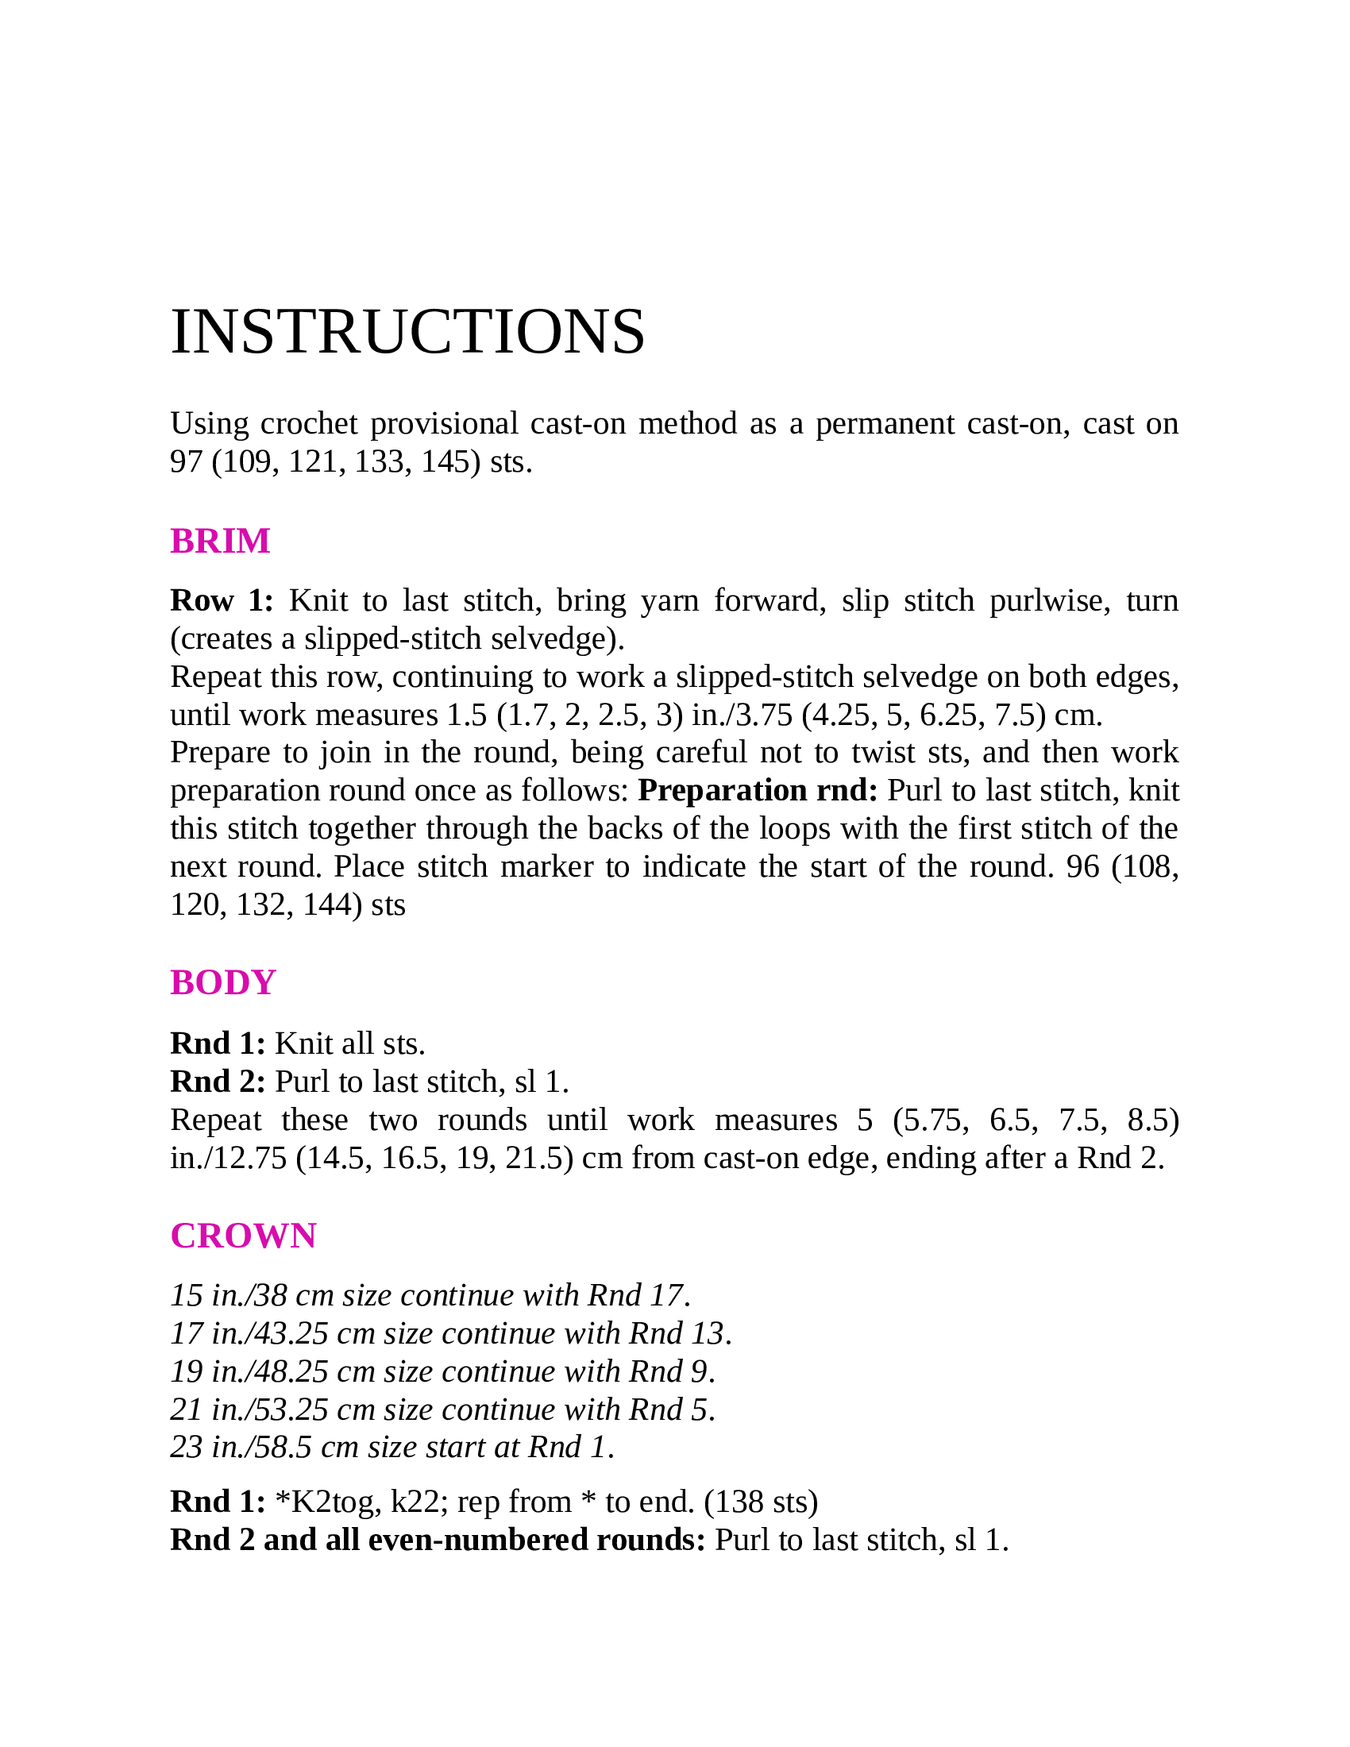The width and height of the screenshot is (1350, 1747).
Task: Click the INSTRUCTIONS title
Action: pyautogui.click(x=407, y=332)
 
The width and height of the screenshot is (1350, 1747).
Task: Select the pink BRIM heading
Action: pyautogui.click(x=220, y=542)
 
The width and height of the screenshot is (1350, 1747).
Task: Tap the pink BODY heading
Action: pyautogui.click(x=222, y=982)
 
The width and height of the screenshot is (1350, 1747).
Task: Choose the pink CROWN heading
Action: pyautogui.click(x=243, y=1236)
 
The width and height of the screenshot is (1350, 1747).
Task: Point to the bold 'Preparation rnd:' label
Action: pyautogui.click(x=758, y=790)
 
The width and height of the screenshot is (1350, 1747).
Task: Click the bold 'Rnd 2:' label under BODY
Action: pyautogui.click(x=218, y=1082)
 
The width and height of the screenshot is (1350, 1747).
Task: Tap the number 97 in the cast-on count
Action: pyautogui.click(x=187, y=461)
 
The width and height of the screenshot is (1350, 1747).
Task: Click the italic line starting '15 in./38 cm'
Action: pyautogui.click(x=430, y=1295)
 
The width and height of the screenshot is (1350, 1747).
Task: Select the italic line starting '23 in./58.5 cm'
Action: pyautogui.click(x=391, y=1447)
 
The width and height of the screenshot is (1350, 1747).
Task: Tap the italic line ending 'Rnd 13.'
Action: pyautogui.click(x=451, y=1333)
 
